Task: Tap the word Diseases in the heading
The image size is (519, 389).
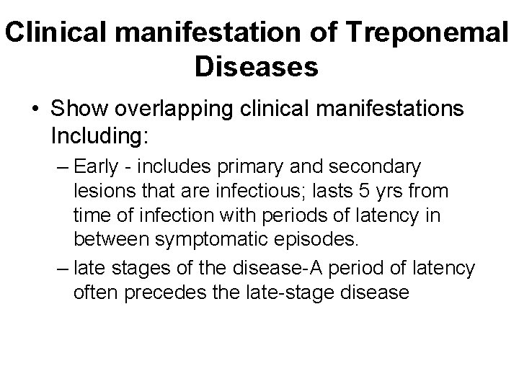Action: (256, 68)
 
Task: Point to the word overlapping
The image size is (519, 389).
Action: (181, 112)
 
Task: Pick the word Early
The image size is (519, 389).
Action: (97, 168)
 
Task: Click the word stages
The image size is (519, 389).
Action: (136, 269)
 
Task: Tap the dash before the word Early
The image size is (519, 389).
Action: (61, 168)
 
